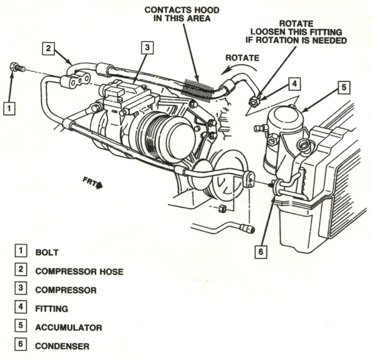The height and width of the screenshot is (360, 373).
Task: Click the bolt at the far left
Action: coord(17,67)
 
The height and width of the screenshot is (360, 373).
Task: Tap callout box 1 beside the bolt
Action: coord(9,108)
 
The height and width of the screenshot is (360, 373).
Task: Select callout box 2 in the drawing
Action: coord(49,49)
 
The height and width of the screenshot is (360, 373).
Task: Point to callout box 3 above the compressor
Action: coord(147,48)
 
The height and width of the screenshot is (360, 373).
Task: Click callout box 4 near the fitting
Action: coord(294,84)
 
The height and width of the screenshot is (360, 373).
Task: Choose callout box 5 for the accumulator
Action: coord(344,88)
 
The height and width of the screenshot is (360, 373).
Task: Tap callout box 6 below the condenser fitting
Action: coord(260,252)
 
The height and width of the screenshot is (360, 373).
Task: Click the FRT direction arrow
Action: coord(93,182)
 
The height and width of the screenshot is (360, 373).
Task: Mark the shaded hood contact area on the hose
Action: coord(197,89)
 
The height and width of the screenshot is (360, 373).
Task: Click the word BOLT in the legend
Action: coord(47,252)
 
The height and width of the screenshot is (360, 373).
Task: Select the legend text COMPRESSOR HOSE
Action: coord(79,272)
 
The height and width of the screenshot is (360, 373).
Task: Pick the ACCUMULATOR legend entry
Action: coord(69,327)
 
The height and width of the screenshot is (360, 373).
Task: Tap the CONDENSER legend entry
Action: coord(63,346)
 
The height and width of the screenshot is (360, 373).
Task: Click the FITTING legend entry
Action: coord(52,309)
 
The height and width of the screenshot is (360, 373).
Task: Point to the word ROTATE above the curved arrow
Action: coord(242,58)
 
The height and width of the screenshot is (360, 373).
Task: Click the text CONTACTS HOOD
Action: coord(182,10)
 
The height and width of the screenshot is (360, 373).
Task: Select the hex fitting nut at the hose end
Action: coord(254,102)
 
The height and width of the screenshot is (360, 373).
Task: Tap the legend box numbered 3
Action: coord(20,288)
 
